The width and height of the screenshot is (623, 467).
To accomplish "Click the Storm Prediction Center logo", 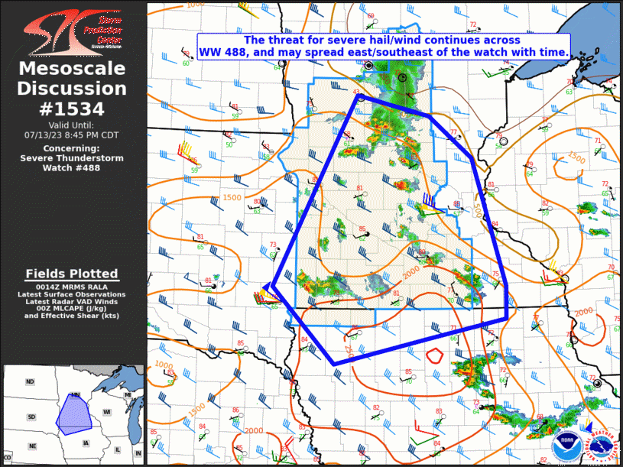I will point(73,31).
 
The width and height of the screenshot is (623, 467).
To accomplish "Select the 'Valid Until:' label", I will point(72,125).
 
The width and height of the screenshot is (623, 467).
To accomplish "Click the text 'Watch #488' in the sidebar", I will point(72,167).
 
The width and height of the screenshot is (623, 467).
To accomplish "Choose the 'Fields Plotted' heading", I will point(72,274).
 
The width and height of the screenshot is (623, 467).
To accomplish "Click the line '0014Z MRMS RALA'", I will point(72,287).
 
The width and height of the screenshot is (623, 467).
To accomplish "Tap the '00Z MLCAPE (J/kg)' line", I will point(72,308).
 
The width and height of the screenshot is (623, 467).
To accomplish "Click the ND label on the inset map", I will point(30,381).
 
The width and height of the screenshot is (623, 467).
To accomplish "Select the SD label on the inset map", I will point(31,417).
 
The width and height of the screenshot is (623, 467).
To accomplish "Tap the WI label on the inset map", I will point(107,412).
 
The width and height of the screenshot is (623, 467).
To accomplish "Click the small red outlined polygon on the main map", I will point(435,355).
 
